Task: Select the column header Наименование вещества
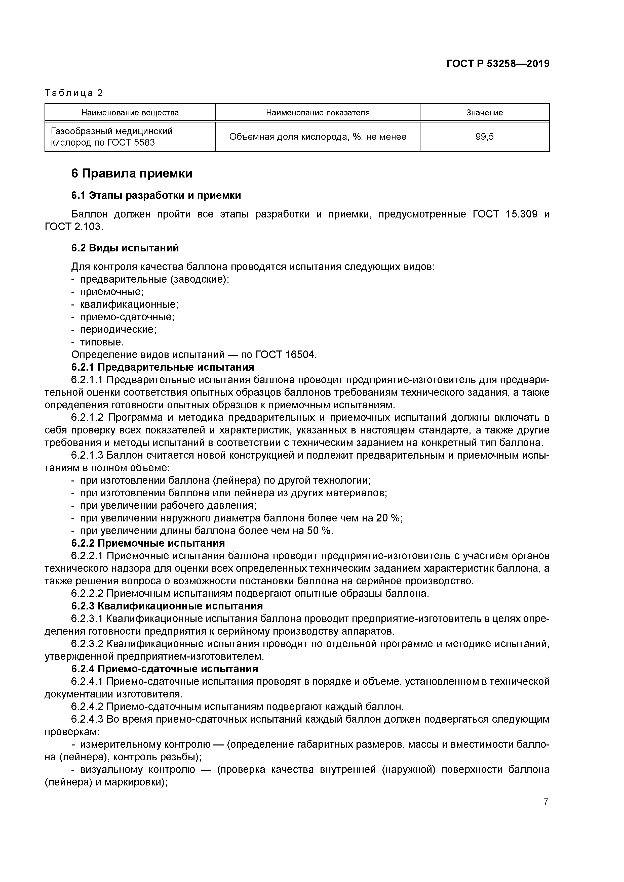click(130, 113)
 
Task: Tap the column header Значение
click(484, 113)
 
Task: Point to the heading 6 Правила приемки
click(132, 174)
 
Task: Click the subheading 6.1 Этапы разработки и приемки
click(156, 196)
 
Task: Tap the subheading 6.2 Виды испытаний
click(125, 248)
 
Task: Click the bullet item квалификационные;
click(129, 305)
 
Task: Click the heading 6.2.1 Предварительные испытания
click(162, 367)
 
